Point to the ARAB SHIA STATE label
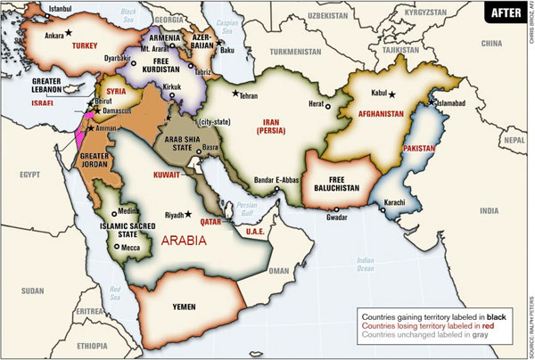pyautogui.click(x=183, y=143)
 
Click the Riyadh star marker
pyautogui.click(x=188, y=214)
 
